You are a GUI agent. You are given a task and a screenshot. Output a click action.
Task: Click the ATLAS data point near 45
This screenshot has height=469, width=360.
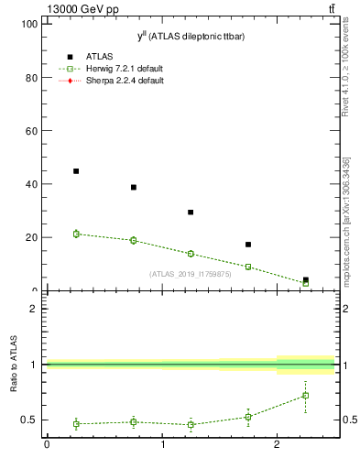coord(76,171)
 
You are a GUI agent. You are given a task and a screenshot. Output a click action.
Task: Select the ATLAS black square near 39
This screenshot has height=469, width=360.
coord(134,187)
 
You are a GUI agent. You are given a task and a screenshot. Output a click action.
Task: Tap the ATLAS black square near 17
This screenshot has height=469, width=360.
coord(248,245)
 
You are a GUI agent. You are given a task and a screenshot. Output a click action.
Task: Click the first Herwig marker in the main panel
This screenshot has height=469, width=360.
coord(76,234)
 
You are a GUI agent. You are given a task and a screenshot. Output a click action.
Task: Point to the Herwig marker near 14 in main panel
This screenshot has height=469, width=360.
coord(191,254)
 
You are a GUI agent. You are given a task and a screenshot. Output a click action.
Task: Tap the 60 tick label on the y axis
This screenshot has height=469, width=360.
coord(30,131)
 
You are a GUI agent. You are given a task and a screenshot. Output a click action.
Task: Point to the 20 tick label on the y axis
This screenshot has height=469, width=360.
coord(30,237)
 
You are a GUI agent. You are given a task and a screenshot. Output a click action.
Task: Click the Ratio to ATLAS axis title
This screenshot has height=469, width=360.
coord(13,365)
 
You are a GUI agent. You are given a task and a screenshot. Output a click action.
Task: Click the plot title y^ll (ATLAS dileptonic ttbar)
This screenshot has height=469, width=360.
coord(191,36)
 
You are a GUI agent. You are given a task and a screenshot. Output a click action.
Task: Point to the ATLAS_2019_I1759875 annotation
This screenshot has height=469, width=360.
coord(191,274)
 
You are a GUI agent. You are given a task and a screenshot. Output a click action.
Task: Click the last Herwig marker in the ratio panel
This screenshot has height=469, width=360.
coord(305,396)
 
